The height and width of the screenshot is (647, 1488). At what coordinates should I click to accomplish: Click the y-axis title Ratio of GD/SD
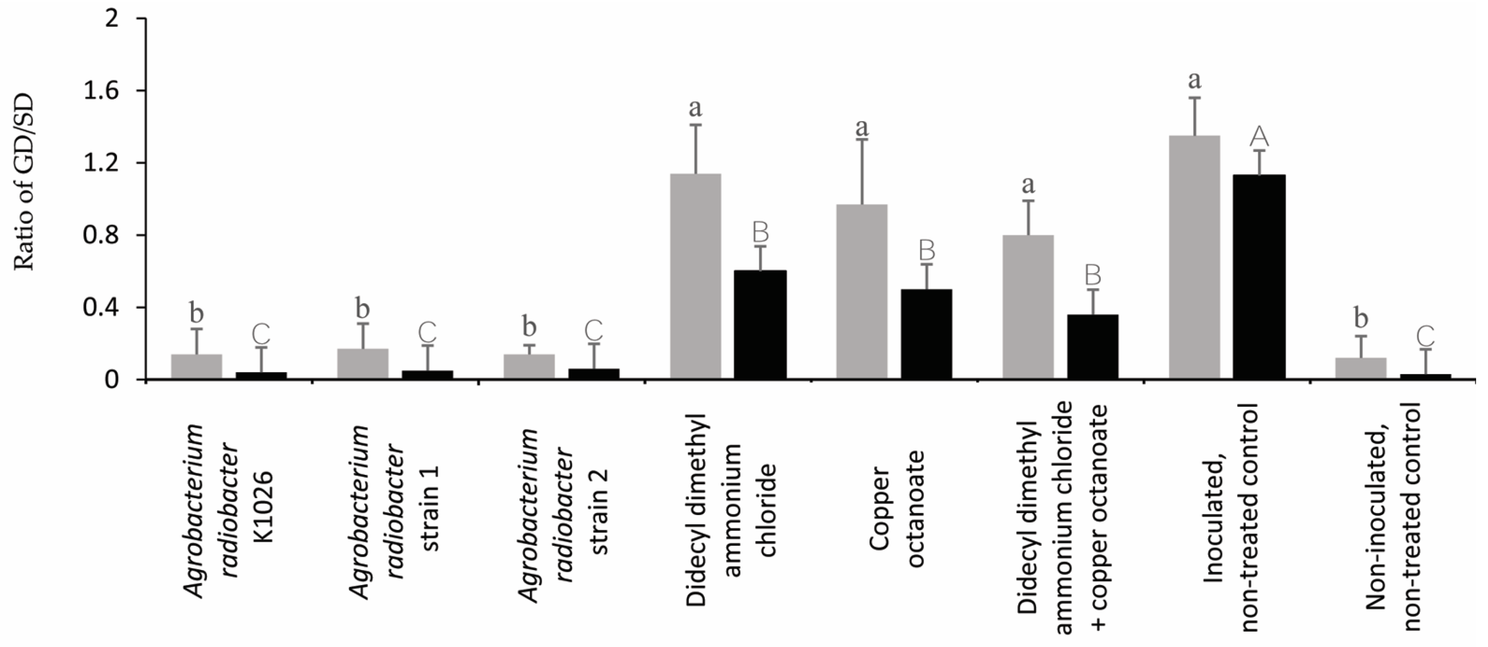pos(24,183)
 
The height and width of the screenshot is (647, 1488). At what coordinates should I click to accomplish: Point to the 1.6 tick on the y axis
pos(103,91)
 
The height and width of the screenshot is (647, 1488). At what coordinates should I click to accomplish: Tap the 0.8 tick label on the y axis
pos(103,236)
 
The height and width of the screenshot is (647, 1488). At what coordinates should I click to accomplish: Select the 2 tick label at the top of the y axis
pos(113,19)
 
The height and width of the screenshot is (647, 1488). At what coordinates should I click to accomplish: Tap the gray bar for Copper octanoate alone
pos(862,292)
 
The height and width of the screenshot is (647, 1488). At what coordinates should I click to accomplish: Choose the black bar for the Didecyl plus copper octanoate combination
pos(1093,347)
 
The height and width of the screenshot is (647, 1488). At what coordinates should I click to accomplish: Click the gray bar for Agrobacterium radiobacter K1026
pos(196,367)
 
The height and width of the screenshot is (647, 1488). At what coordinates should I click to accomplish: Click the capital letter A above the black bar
pos(1259,137)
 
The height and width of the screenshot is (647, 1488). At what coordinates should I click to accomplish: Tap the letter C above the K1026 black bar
pos(261,333)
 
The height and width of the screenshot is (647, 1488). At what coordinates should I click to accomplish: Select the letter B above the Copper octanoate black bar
pos(927,251)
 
